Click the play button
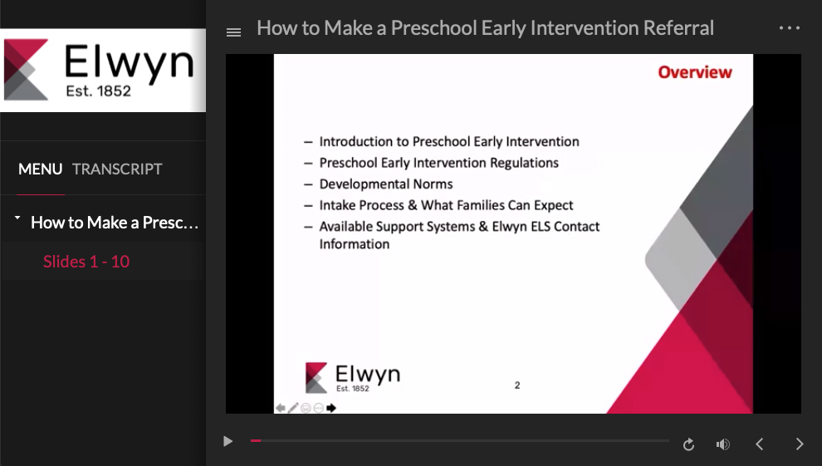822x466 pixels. pos(228,441)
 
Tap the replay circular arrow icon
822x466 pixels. pos(689,444)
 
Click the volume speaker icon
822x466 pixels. pos(723,444)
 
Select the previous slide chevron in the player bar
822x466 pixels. pos(759,444)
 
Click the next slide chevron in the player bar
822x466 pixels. pos(800,444)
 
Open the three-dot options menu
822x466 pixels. pos(790,27)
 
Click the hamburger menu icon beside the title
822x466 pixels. pos(234,32)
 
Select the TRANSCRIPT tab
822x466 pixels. pos(117,169)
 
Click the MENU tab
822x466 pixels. pos(41,169)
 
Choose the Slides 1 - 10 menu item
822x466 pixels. pos(86,261)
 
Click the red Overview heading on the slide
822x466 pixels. pos(695,72)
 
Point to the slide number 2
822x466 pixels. pos(517,385)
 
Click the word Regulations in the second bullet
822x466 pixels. pos(524,163)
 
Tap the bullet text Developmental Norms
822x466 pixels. pos(386,184)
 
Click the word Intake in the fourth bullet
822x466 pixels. pos(336,205)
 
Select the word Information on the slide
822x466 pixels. pos(355,244)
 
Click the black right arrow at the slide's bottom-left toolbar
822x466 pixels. pos(331,408)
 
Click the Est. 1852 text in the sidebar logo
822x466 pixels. pos(99,91)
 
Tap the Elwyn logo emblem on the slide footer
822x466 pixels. pos(316,377)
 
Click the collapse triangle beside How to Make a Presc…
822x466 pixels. pos(17,217)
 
